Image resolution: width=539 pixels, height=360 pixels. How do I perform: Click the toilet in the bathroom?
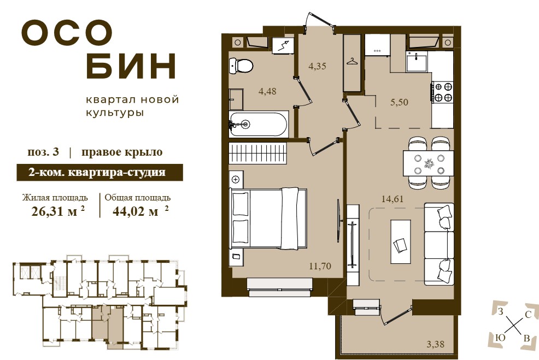coord(241,65)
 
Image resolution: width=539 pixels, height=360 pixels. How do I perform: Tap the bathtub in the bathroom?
coord(258,125)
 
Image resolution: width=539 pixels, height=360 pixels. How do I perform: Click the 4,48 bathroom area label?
coord(267,91)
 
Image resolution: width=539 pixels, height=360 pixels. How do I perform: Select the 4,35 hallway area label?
coord(317,66)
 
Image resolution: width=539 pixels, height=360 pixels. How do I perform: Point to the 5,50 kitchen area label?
coord(399,102)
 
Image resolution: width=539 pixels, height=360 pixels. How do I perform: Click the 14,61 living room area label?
coord(392,199)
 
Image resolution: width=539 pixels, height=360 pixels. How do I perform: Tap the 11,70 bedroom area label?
coord(320,266)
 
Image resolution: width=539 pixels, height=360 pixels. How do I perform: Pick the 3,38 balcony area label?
coord(436,344)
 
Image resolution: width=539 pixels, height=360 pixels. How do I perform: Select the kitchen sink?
coord(417,62)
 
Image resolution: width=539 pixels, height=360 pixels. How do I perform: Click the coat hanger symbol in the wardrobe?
coord(352,62)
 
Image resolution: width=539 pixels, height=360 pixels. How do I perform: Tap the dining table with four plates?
coord(429,163)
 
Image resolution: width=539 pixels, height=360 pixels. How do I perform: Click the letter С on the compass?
coord(529,315)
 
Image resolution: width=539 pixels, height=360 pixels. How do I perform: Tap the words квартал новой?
coord(132,100)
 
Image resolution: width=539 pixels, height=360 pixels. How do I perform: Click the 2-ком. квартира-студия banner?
coord(99,173)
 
